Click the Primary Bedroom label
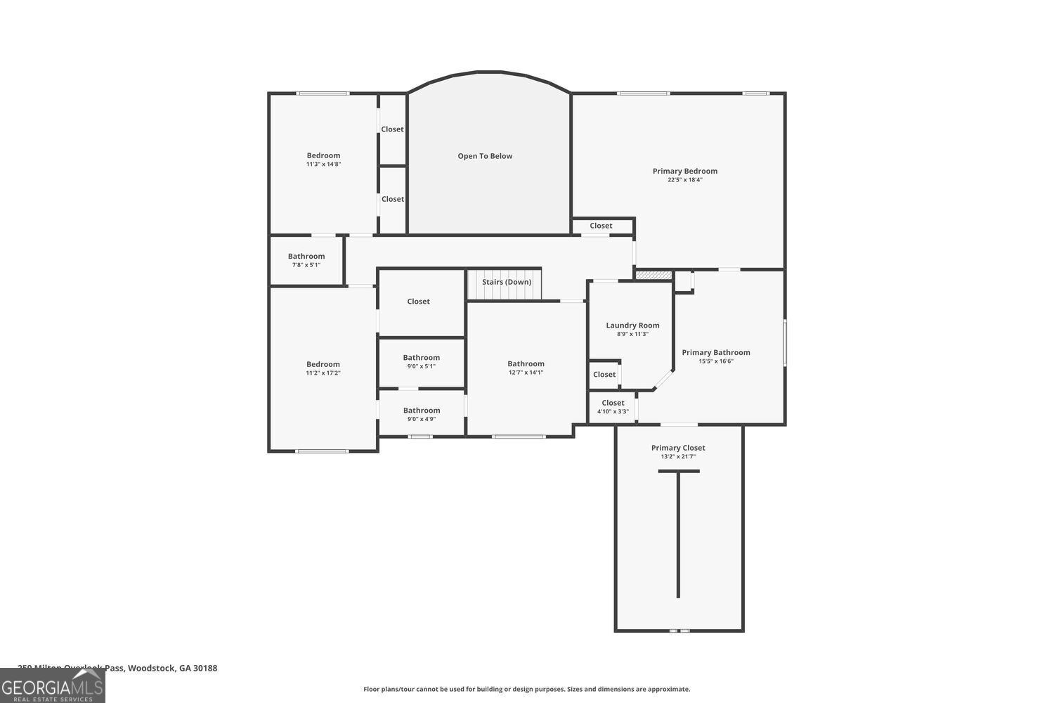(684, 171)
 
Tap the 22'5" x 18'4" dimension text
(684, 180)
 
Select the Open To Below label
(485, 156)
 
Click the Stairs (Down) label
(507, 282)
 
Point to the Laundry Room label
(632, 325)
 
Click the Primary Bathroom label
(715, 353)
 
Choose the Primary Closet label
(678, 448)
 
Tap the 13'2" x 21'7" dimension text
(678, 457)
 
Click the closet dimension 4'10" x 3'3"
(613, 412)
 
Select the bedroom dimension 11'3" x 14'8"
(323, 165)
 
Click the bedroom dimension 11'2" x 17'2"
(323, 373)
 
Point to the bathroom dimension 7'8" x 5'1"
(306, 265)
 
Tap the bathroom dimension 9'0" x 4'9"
(422, 419)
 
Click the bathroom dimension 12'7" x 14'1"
(526, 373)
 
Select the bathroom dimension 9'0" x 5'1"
(422, 366)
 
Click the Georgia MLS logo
(52, 686)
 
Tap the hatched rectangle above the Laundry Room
(653, 275)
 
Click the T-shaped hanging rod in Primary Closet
(678, 534)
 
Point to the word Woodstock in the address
(151, 668)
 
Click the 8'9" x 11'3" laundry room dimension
(632, 334)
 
